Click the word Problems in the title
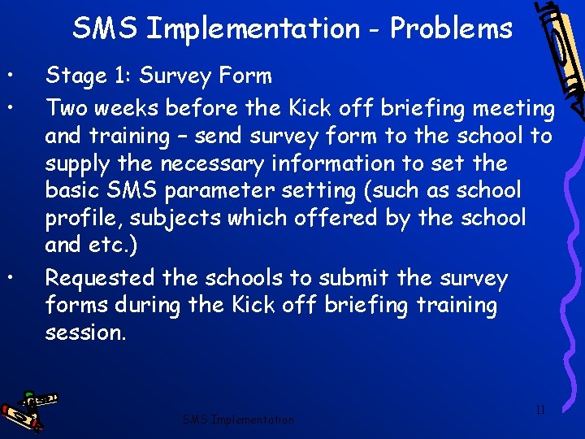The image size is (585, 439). click(x=451, y=29)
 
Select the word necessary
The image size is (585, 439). click(x=212, y=164)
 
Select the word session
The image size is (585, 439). click(x=84, y=333)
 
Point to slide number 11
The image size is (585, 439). click(x=540, y=410)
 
